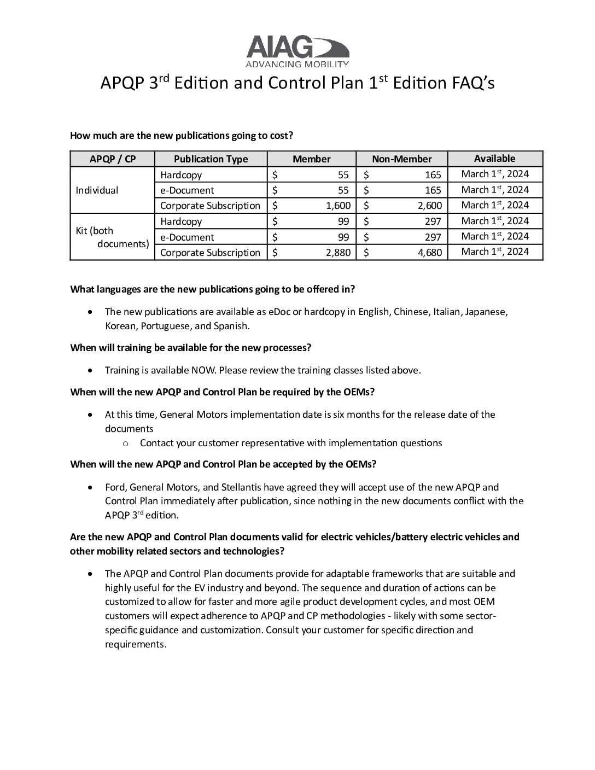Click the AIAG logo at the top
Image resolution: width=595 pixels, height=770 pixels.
[297, 48]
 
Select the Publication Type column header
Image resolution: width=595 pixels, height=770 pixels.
[211, 159]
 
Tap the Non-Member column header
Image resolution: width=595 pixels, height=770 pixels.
[401, 159]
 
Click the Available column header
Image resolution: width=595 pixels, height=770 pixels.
[494, 159]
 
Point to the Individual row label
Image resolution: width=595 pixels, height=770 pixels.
[97, 190]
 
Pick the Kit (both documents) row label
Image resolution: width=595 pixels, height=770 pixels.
[112, 237]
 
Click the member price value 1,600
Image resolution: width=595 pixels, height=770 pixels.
[336, 206]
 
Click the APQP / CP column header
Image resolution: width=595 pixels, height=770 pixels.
[113, 159]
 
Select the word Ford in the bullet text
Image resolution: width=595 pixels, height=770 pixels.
[114, 487]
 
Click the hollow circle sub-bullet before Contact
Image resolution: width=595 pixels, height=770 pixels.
[126, 444]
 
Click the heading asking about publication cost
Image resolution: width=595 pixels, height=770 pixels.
[182, 135]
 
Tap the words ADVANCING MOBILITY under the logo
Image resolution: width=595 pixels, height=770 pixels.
[297, 65]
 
